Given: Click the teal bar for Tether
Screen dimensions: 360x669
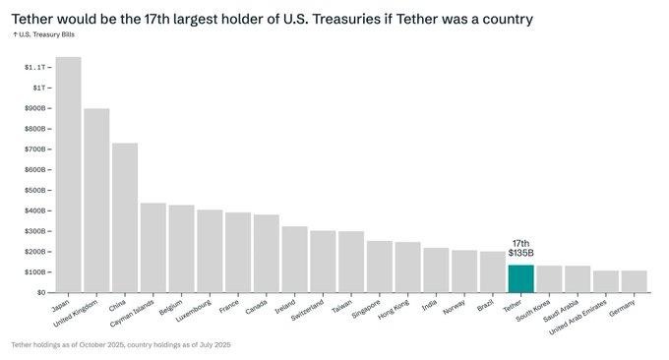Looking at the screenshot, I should pyautogui.click(x=520, y=278).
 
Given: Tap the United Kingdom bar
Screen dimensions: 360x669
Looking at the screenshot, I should pyautogui.click(x=96, y=201).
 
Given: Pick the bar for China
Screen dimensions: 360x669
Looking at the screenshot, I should pyautogui.click(x=125, y=217).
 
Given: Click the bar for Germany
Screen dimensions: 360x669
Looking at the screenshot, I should pyautogui.click(x=635, y=281).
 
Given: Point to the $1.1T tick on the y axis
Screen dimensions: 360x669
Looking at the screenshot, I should pyautogui.click(x=33, y=67).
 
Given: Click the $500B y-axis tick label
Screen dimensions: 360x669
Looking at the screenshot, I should pyautogui.click(x=33, y=190).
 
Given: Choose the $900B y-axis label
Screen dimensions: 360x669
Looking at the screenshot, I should pyautogui.click(x=33, y=108).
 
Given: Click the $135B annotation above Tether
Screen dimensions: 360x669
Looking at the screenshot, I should pyautogui.click(x=521, y=253).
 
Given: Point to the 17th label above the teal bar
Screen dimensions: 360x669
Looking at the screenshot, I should pyautogui.click(x=521, y=242).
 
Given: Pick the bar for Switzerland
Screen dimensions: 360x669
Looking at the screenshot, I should pyautogui.click(x=323, y=261).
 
